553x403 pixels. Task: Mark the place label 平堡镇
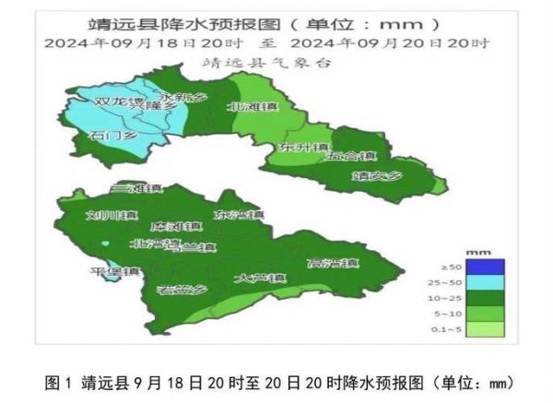pyautogui.click(x=114, y=271)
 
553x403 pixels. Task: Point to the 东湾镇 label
pyautogui.click(x=237, y=214)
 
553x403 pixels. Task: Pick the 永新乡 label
pyautogui.click(x=182, y=97)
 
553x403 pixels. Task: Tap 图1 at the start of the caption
pyautogui.click(x=57, y=381)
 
